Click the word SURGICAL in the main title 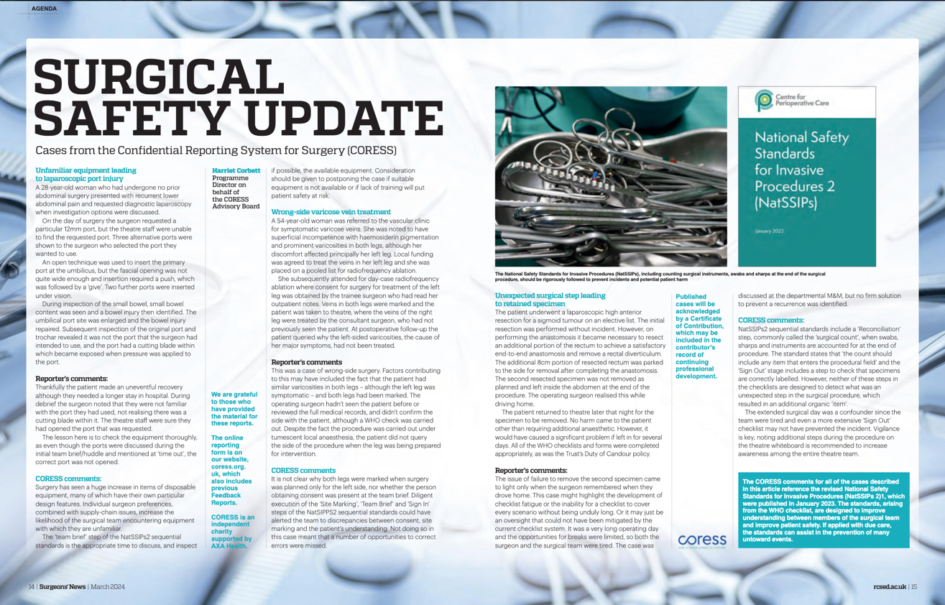click(160, 75)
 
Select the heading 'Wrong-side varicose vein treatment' click(331, 212)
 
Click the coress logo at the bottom click(701, 540)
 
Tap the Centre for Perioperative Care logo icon click(762, 101)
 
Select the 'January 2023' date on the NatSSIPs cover click(769, 231)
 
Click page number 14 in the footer click(32, 587)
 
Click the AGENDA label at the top click(44, 9)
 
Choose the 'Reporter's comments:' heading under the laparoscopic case click(71, 379)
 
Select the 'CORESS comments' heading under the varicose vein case click(303, 471)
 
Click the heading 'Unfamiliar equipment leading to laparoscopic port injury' click(86, 175)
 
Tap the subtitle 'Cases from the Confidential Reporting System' click(216, 151)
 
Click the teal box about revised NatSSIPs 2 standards click(824, 510)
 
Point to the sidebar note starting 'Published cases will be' click(699, 336)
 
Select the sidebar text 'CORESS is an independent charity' click(232, 531)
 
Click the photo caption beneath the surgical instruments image click(660, 276)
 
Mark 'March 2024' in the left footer click(108, 587)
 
